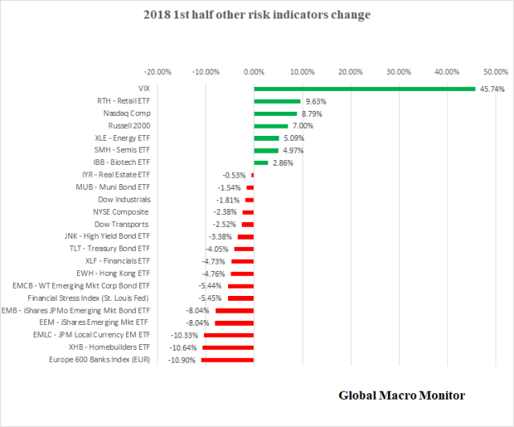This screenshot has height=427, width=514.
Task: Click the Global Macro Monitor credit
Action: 402,395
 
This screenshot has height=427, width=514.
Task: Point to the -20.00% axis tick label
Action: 157,72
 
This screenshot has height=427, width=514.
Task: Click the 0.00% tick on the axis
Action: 254,72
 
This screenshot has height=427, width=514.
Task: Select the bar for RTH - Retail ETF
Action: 277,101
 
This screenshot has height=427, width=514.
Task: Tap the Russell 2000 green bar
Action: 271,126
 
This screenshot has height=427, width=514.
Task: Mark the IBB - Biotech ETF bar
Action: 261,162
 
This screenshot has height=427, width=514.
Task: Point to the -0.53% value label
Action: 235,174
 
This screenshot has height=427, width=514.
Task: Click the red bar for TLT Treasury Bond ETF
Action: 244,248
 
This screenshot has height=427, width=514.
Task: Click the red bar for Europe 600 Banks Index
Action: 227,359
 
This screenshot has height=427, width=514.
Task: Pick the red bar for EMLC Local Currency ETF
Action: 229,335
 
